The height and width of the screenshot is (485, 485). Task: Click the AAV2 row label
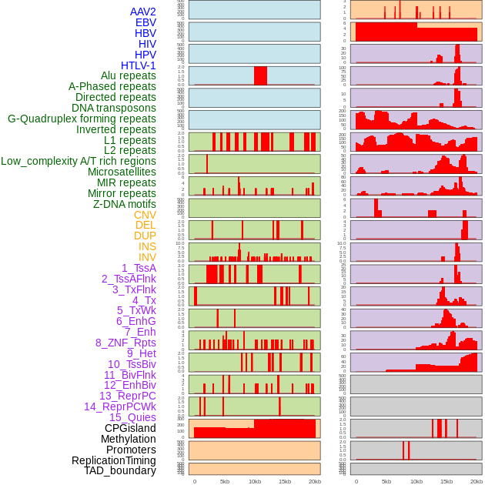pyautogui.click(x=142, y=12)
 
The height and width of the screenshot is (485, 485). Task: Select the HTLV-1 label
pyautogui.click(x=138, y=65)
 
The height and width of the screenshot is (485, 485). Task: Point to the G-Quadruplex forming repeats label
pyautogui.click(x=82, y=119)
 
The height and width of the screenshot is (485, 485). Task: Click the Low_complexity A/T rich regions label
pyautogui.click(x=78, y=161)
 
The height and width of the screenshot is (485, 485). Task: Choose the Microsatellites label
pyautogui.click(x=122, y=172)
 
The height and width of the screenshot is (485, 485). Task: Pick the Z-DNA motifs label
pyautogui.click(x=124, y=204)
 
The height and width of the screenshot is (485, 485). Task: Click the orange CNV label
pyautogui.click(x=145, y=215)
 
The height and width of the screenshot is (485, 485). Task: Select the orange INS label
pyautogui.click(x=147, y=246)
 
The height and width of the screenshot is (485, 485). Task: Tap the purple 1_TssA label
pyautogui.click(x=139, y=268)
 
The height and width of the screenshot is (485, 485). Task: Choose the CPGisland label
pyautogui.click(x=130, y=428)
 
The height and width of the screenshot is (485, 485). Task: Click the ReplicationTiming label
pyautogui.click(x=113, y=460)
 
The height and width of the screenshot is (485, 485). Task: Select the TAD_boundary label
pyautogui.click(x=119, y=470)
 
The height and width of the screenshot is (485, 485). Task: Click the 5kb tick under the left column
pyautogui.click(x=225, y=481)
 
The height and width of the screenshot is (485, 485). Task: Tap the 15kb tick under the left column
pyautogui.click(x=285, y=481)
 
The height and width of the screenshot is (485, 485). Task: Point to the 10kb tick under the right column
pyautogui.click(x=416, y=481)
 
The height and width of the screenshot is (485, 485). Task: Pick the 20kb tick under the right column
pyautogui.click(x=476, y=481)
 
